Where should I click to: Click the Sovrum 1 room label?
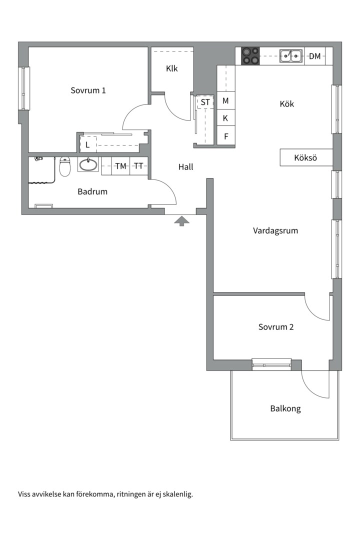(x=88, y=90)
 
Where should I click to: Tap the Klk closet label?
(x=172, y=68)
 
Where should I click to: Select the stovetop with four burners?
(x=250, y=56)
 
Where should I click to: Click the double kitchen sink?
(x=291, y=56)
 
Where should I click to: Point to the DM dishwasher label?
(x=314, y=56)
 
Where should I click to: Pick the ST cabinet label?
(x=205, y=102)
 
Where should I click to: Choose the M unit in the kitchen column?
(x=225, y=101)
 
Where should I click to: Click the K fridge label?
(x=225, y=118)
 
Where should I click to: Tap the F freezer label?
(x=226, y=136)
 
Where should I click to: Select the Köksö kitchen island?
(x=306, y=157)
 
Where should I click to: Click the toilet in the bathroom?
(x=65, y=166)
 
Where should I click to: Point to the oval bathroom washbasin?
(x=88, y=164)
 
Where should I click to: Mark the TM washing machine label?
(x=120, y=166)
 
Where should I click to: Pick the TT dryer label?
(x=138, y=166)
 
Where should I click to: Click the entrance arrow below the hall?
(x=181, y=221)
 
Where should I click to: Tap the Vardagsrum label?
(x=275, y=230)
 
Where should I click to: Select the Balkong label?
(x=285, y=409)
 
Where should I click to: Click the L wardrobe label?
(x=87, y=145)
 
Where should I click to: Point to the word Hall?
(x=185, y=167)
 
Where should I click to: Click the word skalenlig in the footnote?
(x=177, y=494)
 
